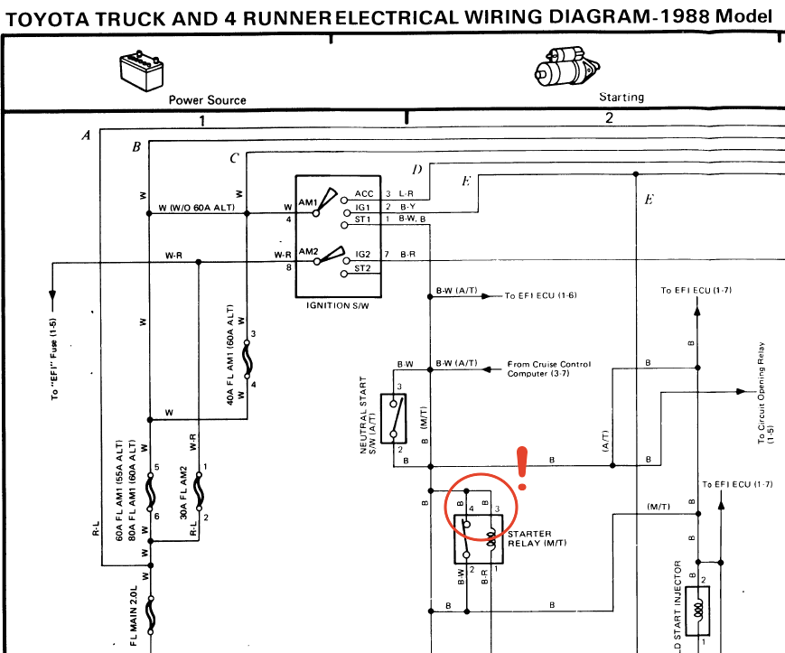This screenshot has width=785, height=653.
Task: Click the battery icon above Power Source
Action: point(144,70)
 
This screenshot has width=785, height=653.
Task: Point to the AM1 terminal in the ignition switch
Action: point(307,202)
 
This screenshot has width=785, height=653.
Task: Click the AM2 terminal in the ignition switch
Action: point(308,253)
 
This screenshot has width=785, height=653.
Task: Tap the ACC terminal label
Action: point(363,193)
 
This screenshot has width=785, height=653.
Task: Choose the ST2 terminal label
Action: point(363,269)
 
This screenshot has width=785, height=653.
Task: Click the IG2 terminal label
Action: point(363,255)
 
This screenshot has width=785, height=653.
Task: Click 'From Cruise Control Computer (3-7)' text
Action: point(549,368)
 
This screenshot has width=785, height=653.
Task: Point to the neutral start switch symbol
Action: point(397,420)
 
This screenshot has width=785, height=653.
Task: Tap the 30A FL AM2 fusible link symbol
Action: point(198,493)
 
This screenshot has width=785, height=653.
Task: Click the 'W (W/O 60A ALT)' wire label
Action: point(197,209)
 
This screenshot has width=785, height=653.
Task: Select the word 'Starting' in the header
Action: point(621,97)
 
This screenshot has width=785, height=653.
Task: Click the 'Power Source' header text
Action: point(207,99)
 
